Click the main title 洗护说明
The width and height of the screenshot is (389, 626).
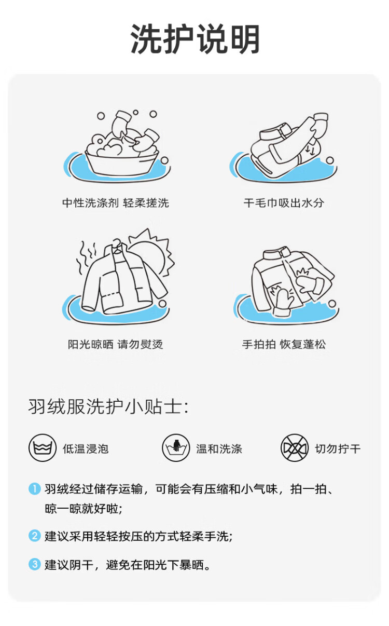(x=195, y=39)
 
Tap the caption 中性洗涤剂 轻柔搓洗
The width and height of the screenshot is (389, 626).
(x=116, y=203)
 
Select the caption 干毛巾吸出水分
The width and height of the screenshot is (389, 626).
(x=284, y=203)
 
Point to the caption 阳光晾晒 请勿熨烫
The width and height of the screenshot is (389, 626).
(x=116, y=344)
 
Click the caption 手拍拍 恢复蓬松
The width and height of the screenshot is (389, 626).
(x=284, y=344)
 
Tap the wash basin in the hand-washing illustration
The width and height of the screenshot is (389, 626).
(x=122, y=165)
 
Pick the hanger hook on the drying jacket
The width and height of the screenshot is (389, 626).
(x=117, y=243)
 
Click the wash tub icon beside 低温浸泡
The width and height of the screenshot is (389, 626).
(x=43, y=448)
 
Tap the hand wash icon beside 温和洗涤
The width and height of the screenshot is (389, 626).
(x=176, y=448)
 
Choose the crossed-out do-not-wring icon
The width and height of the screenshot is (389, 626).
(x=295, y=448)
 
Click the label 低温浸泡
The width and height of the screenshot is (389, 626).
(x=86, y=449)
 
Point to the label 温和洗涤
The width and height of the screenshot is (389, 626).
(x=219, y=449)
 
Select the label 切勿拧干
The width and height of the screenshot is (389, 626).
(x=338, y=449)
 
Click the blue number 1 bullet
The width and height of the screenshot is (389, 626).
(x=35, y=489)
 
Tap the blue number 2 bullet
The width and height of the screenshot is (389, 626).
(x=35, y=536)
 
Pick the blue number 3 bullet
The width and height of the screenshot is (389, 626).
(x=35, y=564)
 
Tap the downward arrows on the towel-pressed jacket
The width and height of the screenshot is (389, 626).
(x=310, y=150)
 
